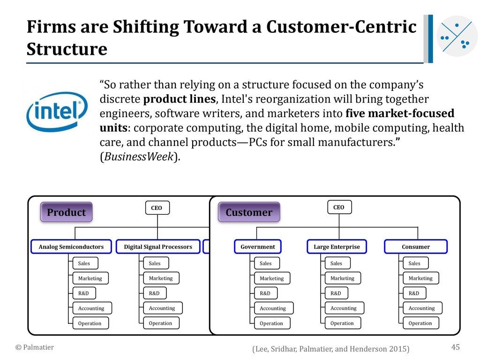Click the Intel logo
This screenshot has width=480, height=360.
[x=57, y=111]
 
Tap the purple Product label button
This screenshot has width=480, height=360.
[x=66, y=212]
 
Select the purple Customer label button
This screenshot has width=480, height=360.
[x=249, y=212]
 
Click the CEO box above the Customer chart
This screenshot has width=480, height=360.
[x=338, y=207]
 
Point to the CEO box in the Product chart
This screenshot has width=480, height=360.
[x=157, y=208]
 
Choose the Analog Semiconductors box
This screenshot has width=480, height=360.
[x=71, y=247]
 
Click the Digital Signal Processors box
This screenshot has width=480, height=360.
[x=158, y=247]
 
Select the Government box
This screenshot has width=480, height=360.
[x=258, y=247]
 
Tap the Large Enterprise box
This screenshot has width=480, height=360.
[x=337, y=247]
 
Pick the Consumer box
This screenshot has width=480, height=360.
[x=416, y=247]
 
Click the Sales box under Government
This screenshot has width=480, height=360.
[x=266, y=263]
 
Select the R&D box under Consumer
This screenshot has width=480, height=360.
[x=414, y=293]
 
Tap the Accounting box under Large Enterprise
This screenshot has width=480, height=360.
[x=344, y=308]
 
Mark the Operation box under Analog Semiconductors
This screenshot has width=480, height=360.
[x=90, y=323]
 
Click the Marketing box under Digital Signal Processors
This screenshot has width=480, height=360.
[x=161, y=278]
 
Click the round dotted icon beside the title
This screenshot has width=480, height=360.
[x=457, y=36]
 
